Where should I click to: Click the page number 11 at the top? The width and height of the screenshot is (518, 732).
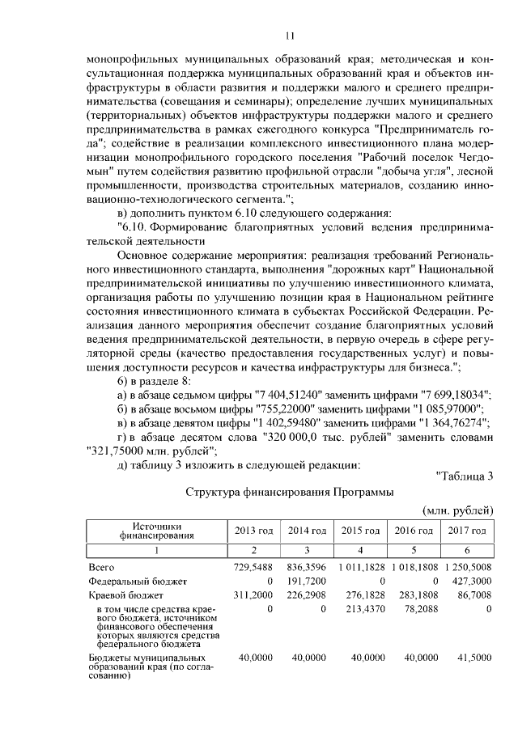coord(290,35)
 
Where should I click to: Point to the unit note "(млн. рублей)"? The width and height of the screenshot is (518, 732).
coord(458,510)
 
